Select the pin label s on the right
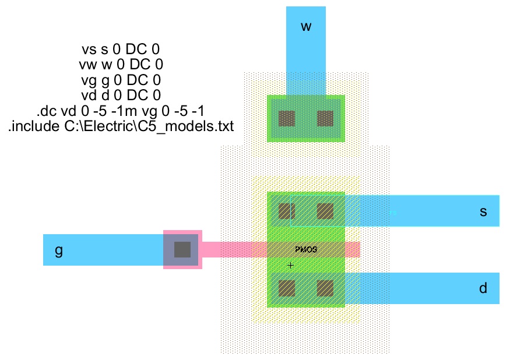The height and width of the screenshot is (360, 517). click(x=483, y=211)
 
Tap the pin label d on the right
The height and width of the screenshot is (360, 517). click(x=483, y=288)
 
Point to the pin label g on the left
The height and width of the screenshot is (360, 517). click(x=58, y=250)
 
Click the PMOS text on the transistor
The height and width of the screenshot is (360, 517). click(x=306, y=249)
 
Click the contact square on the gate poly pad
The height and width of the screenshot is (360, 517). click(x=182, y=249)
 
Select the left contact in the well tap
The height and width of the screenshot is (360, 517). click(x=286, y=119)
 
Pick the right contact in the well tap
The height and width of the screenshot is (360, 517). click(x=325, y=119)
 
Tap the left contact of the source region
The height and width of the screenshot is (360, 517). click(x=286, y=211)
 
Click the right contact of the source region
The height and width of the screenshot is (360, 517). click(x=325, y=211)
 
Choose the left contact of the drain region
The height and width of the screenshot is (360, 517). click(x=286, y=288)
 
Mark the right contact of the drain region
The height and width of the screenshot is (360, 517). click(x=325, y=288)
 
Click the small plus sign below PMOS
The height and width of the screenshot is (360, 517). click(x=290, y=265)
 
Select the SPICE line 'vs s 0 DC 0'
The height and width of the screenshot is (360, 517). click(x=121, y=50)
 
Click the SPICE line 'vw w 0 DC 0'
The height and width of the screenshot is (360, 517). click(x=121, y=65)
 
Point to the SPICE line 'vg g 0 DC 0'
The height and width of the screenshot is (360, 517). click(x=121, y=80)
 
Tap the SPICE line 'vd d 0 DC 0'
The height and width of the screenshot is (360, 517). click(x=121, y=95)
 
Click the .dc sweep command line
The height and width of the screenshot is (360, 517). click(x=121, y=110)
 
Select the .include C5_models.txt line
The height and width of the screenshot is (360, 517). click(x=121, y=125)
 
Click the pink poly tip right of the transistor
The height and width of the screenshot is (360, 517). click(x=352, y=249)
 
